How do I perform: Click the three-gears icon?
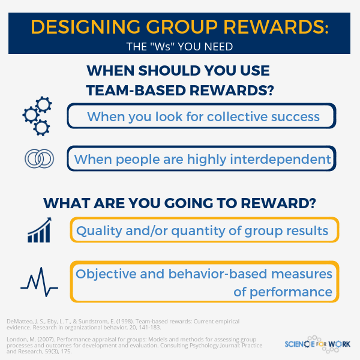click(x=37, y=116)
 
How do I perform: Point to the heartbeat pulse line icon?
click(x=39, y=281)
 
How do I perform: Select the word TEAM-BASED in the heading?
click(x=136, y=91)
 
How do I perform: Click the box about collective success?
click(x=201, y=116)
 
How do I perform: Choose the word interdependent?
click(x=282, y=160)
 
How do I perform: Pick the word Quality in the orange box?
click(x=102, y=230)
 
